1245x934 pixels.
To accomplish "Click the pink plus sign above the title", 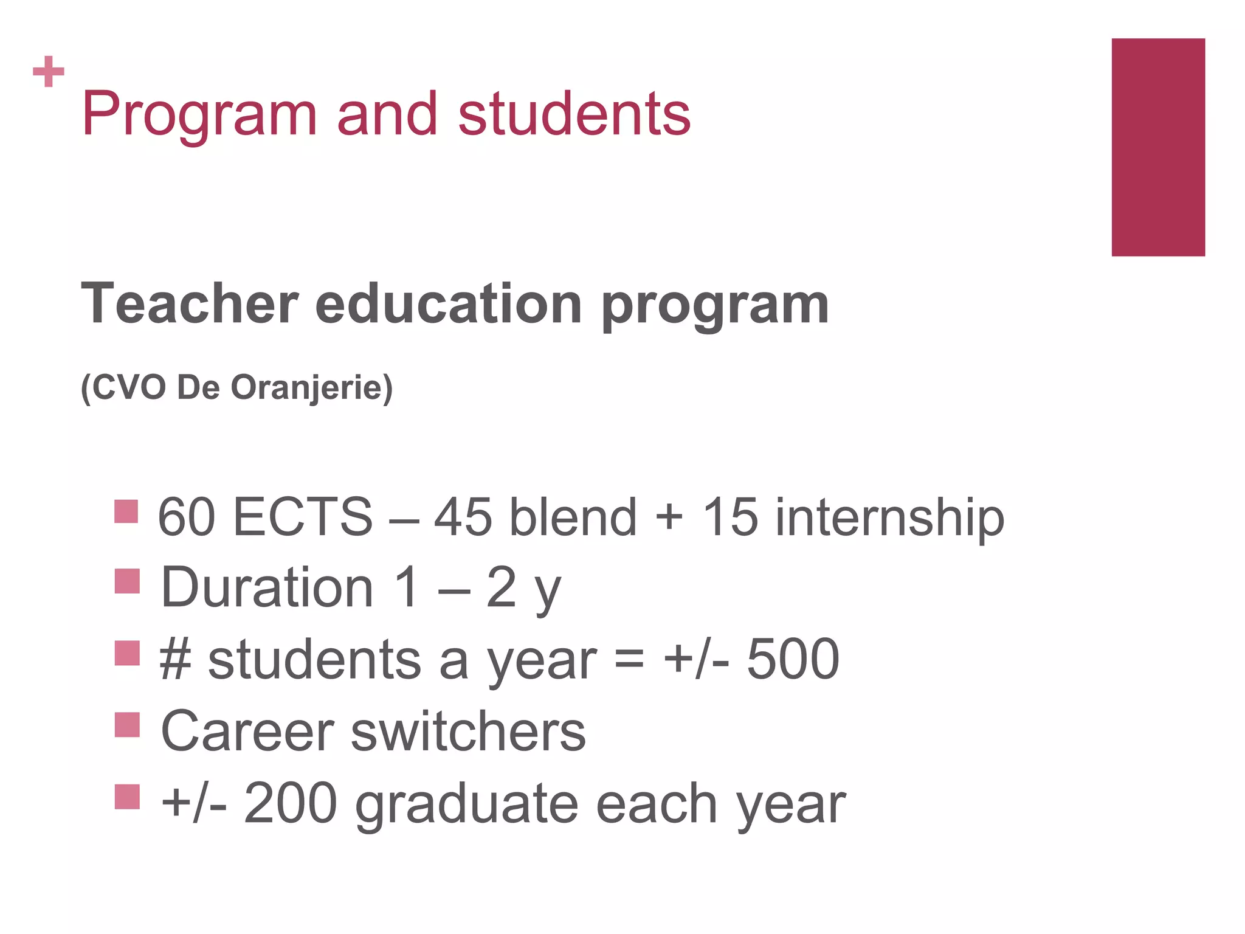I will point(49,72).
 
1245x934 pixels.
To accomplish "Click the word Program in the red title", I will point(199,116).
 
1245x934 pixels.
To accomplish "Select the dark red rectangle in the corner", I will point(1157,147).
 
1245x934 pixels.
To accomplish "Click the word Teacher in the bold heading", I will point(190,304).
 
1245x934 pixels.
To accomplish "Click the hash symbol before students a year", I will point(176,660).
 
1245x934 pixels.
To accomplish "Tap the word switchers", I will point(468,731).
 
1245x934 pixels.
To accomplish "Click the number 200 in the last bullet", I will point(290,803).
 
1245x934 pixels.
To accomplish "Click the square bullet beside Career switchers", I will point(127,725).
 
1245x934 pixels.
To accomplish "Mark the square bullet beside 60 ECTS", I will point(126,511).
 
